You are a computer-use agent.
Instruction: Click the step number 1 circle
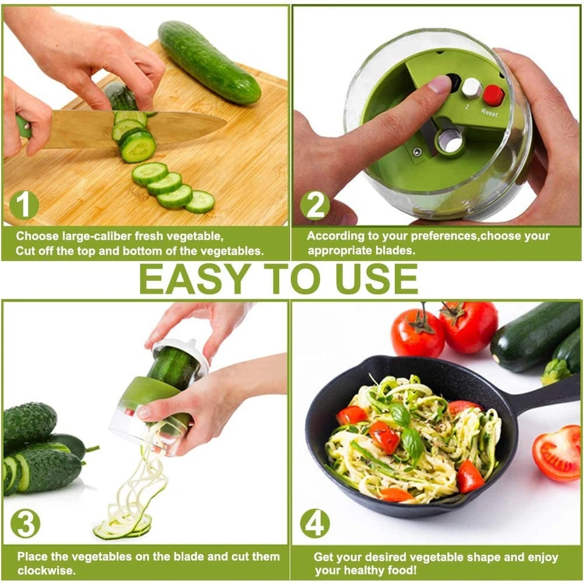(24, 206)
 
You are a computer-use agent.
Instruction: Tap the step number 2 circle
(315, 206)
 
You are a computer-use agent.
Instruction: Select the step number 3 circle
(26, 523)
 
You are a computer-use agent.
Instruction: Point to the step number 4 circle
(315, 523)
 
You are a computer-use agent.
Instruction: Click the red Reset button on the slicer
(493, 95)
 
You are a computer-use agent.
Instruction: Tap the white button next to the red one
(471, 89)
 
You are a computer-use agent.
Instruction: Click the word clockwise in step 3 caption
(46, 571)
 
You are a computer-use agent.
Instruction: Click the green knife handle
(23, 128)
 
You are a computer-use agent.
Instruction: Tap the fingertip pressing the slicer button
(437, 84)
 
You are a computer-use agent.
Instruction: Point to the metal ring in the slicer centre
(450, 141)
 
